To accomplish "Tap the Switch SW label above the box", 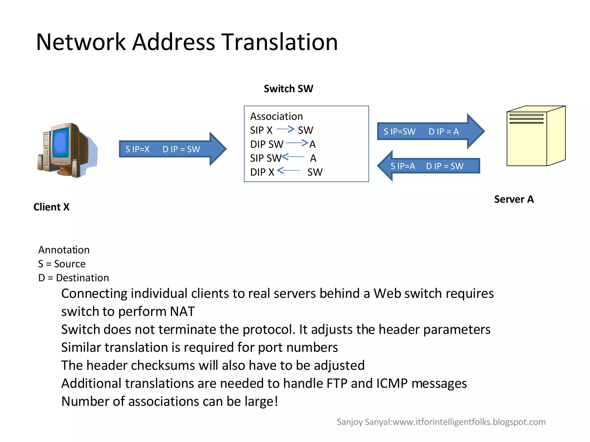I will click(x=288, y=89).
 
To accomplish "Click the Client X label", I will click(x=52, y=207).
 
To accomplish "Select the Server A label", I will click(x=514, y=199).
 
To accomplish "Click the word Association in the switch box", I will click(x=276, y=117).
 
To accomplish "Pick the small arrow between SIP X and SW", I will click(x=285, y=129).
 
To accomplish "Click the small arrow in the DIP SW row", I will click(x=297, y=143).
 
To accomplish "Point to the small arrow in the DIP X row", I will click(x=288, y=171).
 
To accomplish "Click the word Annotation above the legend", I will click(x=64, y=250).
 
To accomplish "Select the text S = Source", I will click(x=62, y=264).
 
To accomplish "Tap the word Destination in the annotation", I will click(x=82, y=278).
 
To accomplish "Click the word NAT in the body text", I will click(x=182, y=311).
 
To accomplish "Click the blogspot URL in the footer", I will click(x=469, y=422).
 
